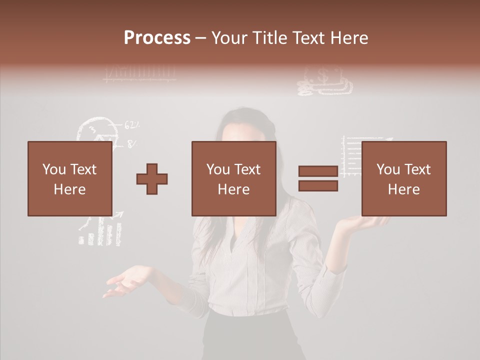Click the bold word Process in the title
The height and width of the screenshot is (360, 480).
(157, 38)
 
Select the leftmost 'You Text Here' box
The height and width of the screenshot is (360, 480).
(69, 178)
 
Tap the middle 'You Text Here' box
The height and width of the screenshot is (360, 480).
(233, 178)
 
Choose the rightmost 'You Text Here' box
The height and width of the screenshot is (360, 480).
(403, 178)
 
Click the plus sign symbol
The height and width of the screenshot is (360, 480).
(152, 178)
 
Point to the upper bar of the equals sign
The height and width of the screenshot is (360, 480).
(318, 171)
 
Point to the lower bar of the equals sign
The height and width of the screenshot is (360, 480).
(318, 186)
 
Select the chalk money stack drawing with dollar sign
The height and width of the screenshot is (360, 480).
(324, 82)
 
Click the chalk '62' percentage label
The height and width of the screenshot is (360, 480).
(131, 124)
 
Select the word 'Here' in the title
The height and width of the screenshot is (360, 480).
(349, 38)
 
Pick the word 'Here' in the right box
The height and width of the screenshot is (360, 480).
(403, 189)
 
